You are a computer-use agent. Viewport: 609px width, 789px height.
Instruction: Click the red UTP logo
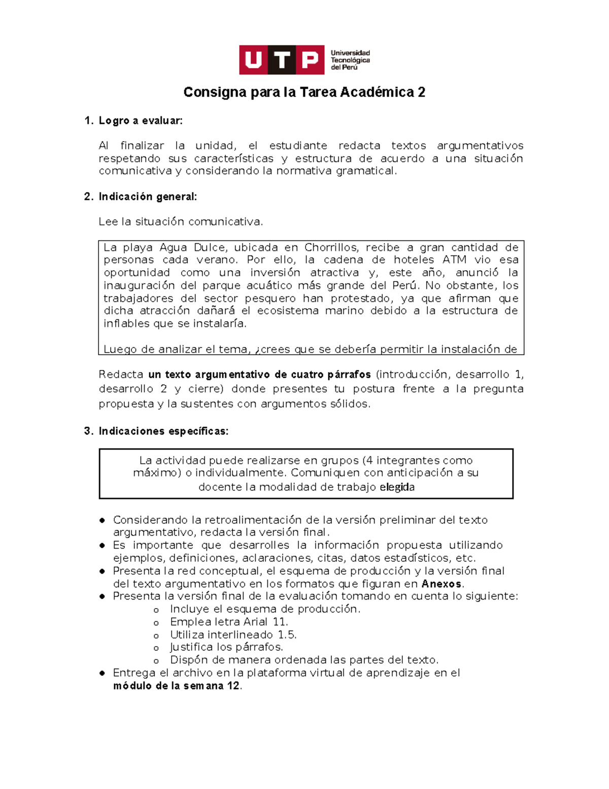[282, 60]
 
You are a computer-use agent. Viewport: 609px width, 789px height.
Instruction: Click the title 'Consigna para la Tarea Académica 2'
[304, 92]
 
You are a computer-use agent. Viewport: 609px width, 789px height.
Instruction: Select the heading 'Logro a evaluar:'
[141, 121]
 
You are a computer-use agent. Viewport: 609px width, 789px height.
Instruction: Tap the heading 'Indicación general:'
[148, 197]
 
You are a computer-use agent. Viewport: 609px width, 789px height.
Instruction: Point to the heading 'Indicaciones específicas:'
[163, 431]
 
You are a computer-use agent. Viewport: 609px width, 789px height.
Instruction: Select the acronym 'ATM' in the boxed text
[454, 260]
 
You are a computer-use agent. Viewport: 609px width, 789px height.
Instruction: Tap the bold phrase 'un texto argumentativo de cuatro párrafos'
[259, 374]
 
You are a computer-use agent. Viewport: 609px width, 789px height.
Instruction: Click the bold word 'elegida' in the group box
[397, 487]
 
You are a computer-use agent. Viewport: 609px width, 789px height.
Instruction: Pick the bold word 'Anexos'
[441, 584]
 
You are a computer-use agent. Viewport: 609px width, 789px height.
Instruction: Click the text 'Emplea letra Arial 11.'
[229, 622]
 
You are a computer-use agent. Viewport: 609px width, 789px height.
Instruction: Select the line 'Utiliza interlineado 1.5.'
[233, 635]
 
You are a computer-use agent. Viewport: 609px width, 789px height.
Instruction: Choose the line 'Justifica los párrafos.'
[226, 647]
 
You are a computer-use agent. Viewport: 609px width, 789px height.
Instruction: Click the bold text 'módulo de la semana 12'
[176, 686]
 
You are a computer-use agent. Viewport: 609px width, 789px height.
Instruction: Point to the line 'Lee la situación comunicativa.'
[181, 222]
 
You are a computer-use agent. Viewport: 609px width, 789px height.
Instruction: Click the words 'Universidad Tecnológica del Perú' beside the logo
[350, 60]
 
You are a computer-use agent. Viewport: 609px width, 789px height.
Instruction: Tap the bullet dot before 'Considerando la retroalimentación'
[103, 520]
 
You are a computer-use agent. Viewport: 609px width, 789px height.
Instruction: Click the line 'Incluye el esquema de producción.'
[265, 609]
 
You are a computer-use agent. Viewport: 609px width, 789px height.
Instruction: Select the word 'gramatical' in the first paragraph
[365, 171]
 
